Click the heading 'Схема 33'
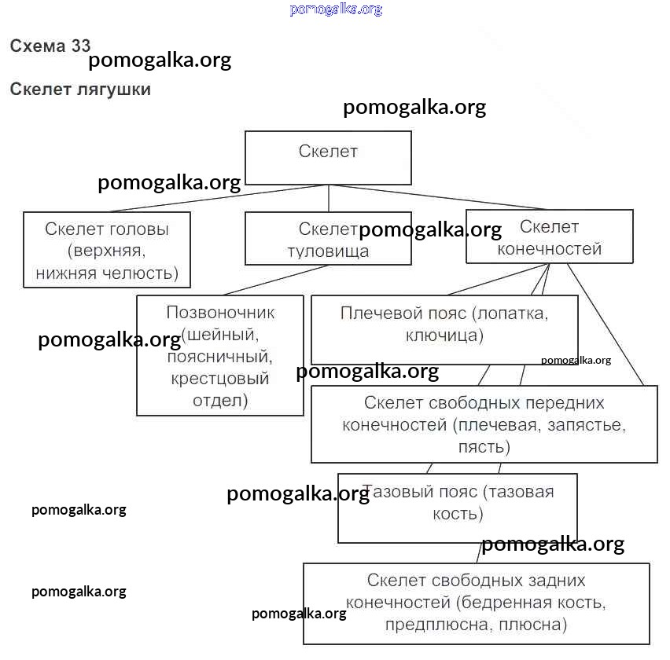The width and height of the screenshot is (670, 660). (50, 46)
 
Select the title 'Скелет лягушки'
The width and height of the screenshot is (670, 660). (80, 89)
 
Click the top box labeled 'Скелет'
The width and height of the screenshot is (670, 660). (328, 157)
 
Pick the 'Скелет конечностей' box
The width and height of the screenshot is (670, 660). (549, 236)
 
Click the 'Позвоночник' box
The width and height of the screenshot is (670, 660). (220, 355)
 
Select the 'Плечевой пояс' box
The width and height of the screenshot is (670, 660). (444, 328)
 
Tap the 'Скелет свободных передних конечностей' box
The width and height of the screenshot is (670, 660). (484, 424)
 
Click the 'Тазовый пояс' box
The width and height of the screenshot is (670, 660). (457, 508)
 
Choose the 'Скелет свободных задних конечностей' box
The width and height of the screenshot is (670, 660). (476, 603)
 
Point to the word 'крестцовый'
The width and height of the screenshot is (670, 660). (220, 379)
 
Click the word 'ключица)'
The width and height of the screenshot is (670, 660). (444, 335)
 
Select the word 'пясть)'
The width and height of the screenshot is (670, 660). (484, 447)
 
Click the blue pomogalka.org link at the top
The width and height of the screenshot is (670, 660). (336, 9)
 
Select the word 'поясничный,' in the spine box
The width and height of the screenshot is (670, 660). (220, 357)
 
